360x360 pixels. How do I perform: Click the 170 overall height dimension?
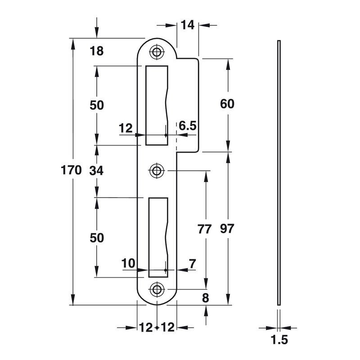(71, 171)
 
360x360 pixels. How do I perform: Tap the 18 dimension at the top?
(97, 51)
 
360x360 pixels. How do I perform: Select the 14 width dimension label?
(188, 25)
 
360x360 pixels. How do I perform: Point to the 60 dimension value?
(227, 104)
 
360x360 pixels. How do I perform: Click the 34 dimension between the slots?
(96, 171)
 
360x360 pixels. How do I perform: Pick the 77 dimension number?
(204, 229)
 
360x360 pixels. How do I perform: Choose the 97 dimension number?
(227, 229)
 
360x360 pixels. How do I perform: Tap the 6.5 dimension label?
(188, 126)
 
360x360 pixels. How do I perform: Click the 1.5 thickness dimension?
(279, 340)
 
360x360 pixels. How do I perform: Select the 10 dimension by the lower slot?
(128, 263)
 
